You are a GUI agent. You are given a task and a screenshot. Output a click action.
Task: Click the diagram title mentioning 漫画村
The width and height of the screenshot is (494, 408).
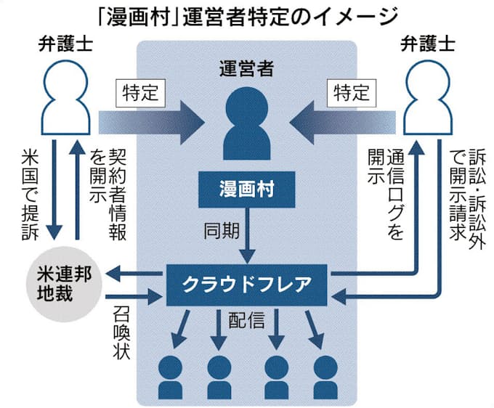(247, 15)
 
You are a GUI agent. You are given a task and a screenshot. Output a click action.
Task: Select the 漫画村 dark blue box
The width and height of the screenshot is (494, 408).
(248, 190)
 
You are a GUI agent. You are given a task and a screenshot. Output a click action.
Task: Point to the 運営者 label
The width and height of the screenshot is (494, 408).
(247, 70)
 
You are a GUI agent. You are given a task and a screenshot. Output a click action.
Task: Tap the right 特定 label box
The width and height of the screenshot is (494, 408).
(352, 93)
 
